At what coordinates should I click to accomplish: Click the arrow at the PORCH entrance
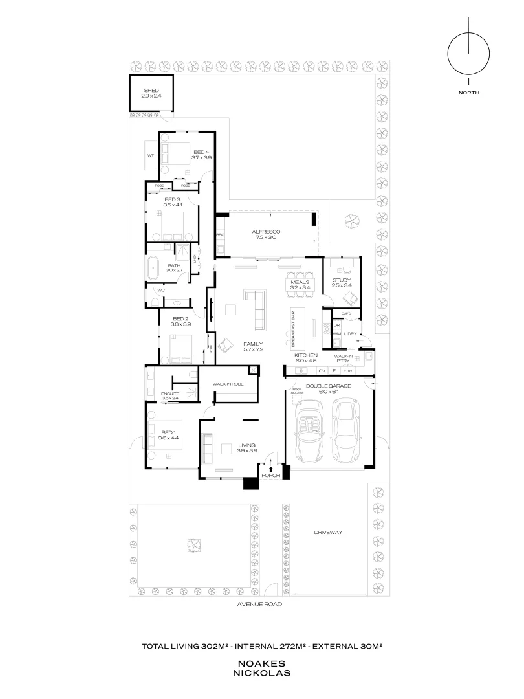271,470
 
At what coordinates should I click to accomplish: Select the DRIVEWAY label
328,532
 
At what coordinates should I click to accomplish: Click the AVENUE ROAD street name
260,603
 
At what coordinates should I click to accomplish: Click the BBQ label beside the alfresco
219,234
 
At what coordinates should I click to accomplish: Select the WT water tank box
150,155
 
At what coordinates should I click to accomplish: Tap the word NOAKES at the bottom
263,663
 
